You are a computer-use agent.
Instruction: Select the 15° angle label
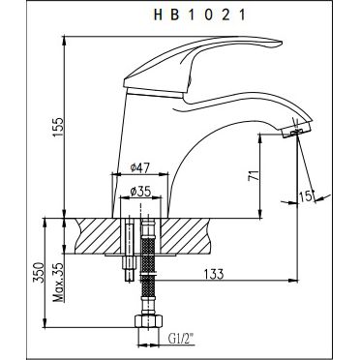305,199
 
